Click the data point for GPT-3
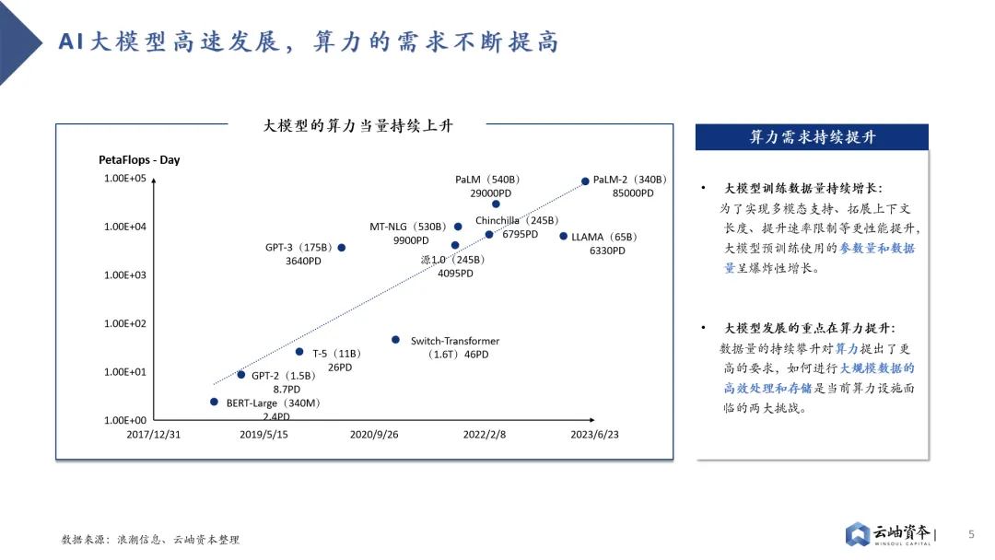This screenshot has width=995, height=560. tap(342, 248)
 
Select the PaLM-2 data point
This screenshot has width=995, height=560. tap(585, 181)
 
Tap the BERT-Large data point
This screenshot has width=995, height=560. tap(214, 402)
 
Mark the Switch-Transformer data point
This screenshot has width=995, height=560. tap(395, 340)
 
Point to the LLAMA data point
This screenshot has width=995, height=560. tap(564, 237)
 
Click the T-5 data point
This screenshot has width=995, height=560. tap(299, 352)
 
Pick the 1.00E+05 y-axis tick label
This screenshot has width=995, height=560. tap(124, 179)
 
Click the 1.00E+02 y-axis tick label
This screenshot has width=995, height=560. tap(124, 323)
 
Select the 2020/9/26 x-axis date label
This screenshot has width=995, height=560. tap(375, 435)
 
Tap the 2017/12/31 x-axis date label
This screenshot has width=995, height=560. tap(153, 435)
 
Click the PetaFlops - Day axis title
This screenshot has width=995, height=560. tap(139, 160)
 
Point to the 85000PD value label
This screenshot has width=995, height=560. tap(633, 193)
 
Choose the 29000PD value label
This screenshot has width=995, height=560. tap(490, 193)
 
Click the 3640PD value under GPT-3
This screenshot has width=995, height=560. tap(303, 261)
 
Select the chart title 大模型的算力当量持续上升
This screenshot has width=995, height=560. tap(357, 125)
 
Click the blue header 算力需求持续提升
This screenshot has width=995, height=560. tap(812, 137)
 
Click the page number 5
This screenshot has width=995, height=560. tap(970, 534)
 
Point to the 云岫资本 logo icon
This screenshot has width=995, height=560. tap(858, 534)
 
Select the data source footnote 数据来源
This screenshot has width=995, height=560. tap(150, 540)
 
